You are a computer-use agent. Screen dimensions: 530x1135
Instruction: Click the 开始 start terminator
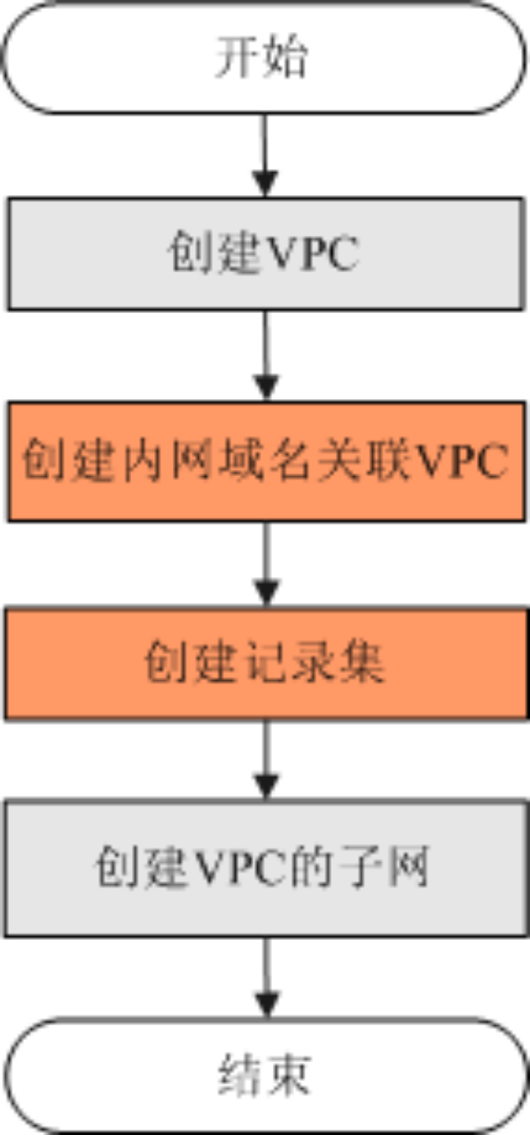click(264, 58)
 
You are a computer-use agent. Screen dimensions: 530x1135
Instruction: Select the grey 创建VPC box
click(266, 254)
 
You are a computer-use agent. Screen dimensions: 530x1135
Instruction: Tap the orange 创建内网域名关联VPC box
click(266, 461)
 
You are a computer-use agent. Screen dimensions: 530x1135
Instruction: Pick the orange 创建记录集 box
click(267, 663)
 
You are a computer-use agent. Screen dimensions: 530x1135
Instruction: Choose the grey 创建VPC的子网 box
click(267, 867)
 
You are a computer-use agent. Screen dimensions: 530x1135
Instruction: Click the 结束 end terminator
click(266, 1076)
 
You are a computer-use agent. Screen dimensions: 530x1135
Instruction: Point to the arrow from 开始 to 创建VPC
click(264, 155)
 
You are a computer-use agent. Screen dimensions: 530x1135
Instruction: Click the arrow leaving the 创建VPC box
click(266, 356)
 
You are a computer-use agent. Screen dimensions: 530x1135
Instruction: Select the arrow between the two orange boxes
click(267, 565)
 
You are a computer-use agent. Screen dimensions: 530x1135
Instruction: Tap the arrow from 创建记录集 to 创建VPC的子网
click(267, 760)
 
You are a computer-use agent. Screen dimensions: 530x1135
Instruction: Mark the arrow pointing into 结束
click(267, 977)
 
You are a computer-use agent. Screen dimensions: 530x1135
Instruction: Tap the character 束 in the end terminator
click(287, 1076)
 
